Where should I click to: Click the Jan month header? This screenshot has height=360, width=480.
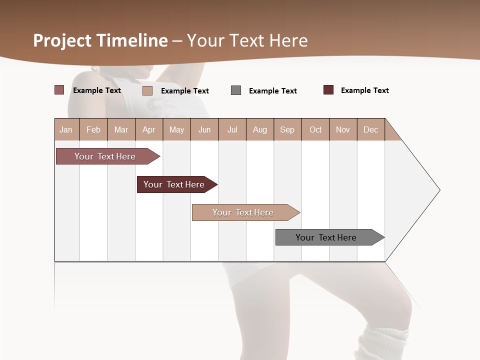click(66, 129)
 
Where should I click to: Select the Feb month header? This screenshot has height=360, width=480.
click(93, 129)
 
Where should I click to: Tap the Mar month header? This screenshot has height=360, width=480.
click(121, 129)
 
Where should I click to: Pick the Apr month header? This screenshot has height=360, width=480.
click(149, 129)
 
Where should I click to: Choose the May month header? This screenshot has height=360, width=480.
click(176, 129)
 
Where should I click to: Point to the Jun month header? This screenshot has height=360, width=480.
click(204, 129)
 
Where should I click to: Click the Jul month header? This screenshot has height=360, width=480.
click(232, 129)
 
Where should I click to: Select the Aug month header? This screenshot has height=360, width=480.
click(260, 129)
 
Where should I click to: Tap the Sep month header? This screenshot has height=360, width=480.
click(287, 129)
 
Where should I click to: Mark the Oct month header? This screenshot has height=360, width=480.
click(315, 129)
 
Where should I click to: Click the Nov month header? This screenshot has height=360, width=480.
click(343, 129)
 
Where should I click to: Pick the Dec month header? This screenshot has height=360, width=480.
click(371, 129)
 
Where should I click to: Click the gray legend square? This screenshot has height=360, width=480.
click(236, 90)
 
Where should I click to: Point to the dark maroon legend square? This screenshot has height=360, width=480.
click(328, 90)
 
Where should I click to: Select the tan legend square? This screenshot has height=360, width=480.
click(147, 90)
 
